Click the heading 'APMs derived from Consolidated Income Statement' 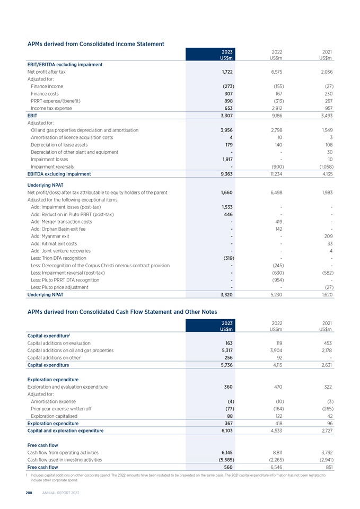coord(95,43)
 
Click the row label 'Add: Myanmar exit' coord(50,236)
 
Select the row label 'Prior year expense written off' coord(62,409)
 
